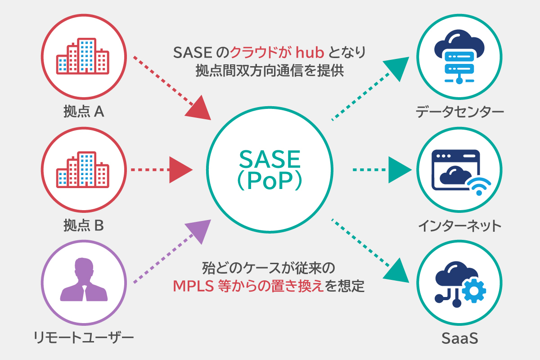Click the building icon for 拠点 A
(83, 56)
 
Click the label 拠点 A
(84, 111)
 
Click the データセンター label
(459, 111)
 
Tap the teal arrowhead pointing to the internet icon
(398, 170)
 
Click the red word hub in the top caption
(309, 53)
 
